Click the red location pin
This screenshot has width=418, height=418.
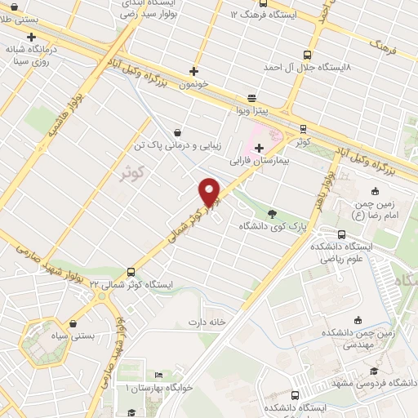point(210,192)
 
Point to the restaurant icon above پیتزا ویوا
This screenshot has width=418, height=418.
point(251,96)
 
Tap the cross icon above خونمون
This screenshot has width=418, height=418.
point(193,71)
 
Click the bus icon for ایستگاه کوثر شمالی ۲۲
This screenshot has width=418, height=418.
point(131,271)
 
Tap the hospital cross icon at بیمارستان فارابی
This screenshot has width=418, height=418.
point(259,148)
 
